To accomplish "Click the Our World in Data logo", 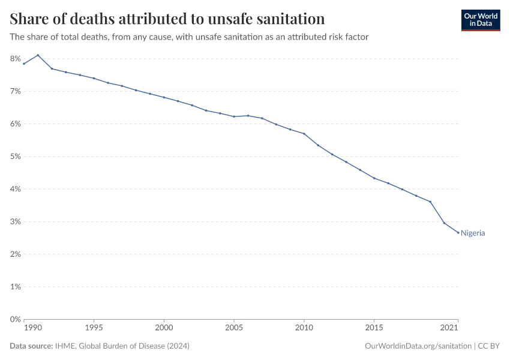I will pyautogui.click(x=480, y=20).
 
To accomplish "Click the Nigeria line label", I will pyautogui.click(x=473, y=233).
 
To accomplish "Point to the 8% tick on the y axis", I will pyautogui.click(x=15, y=59).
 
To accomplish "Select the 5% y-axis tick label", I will pyautogui.click(x=15, y=157).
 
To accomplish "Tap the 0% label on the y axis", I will pyautogui.click(x=15, y=319).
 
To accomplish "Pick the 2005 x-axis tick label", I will pyautogui.click(x=234, y=328).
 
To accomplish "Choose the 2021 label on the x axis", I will pyautogui.click(x=449, y=328).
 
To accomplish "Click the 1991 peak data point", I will pyautogui.click(x=38, y=55).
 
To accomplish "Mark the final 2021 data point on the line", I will pyautogui.click(x=458, y=233).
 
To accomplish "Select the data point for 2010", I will pyautogui.click(x=304, y=134).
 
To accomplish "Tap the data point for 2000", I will pyautogui.click(x=164, y=97).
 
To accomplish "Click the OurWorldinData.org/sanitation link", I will pyautogui.click(x=417, y=346).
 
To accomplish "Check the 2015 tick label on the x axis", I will pyautogui.click(x=374, y=328).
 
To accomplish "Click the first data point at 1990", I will pyautogui.click(x=24, y=64).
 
